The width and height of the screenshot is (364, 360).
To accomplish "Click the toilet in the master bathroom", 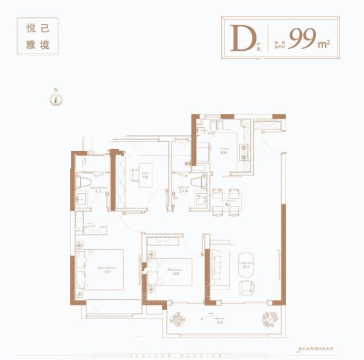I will point(84,180).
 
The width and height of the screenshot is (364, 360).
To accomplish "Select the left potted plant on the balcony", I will point(177,320).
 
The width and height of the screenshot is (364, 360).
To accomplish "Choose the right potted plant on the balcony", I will point(270,320).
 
